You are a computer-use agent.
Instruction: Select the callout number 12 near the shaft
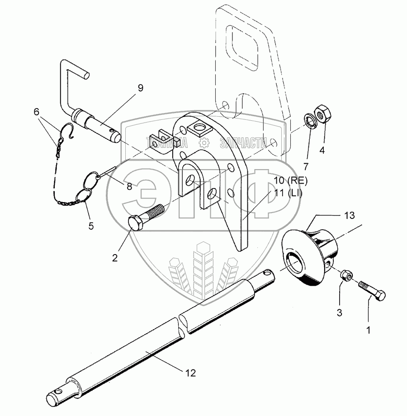coord(190,373)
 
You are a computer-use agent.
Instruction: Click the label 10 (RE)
coord(290,182)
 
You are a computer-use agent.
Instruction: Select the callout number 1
coord(368,331)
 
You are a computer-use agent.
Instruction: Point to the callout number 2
coord(114,258)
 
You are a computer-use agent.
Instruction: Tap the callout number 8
coord(129,186)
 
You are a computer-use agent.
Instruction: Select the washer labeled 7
coord(309,120)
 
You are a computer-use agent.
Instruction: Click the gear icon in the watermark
coord(204,144)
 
